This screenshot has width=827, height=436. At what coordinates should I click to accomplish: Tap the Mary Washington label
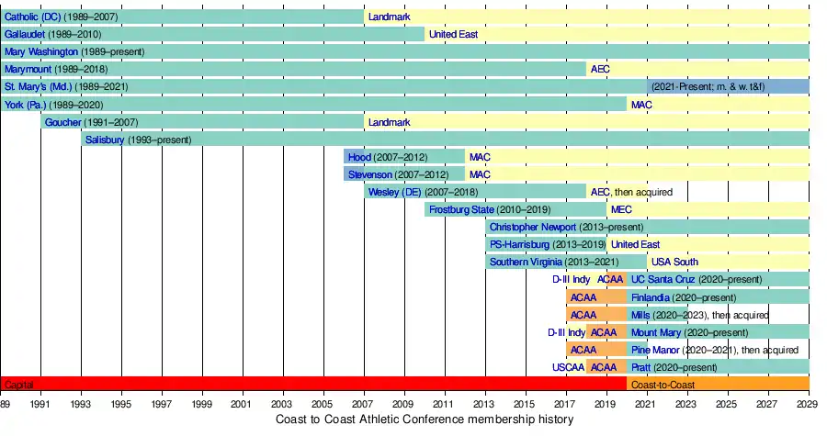[41, 52]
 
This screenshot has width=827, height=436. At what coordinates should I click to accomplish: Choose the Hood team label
[359, 157]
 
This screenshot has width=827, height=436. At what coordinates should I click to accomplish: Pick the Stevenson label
[370, 174]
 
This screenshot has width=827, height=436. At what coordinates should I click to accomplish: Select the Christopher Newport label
[533, 227]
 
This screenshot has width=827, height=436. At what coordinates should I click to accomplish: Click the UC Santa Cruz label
[663, 279]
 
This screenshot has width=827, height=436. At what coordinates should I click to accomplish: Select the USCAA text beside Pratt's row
[566, 367]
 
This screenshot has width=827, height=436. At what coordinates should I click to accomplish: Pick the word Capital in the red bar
[18, 385]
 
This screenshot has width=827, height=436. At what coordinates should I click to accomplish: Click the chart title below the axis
[425, 419]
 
